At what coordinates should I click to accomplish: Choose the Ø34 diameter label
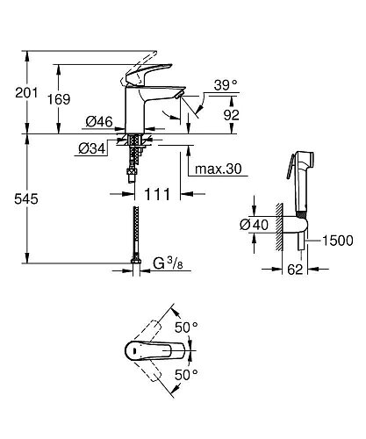point(93,149)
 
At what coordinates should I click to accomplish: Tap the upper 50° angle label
point(188,327)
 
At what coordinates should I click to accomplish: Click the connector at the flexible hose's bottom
point(135,261)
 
